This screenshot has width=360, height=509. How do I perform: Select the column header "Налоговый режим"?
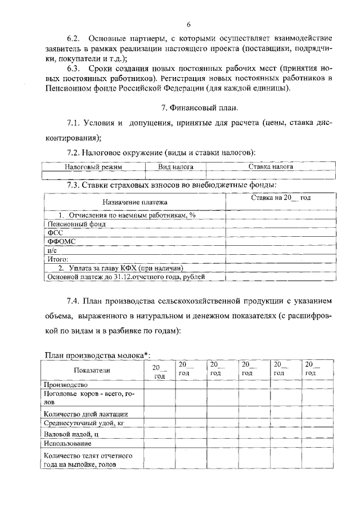point(93,167)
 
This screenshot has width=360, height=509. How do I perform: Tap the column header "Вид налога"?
point(175,167)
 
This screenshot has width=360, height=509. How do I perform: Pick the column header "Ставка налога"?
point(271,167)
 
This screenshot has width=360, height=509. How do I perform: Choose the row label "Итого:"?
point(57,259)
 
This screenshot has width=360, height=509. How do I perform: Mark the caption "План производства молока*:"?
point(97,354)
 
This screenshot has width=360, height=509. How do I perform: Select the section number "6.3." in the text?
point(74,68)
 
